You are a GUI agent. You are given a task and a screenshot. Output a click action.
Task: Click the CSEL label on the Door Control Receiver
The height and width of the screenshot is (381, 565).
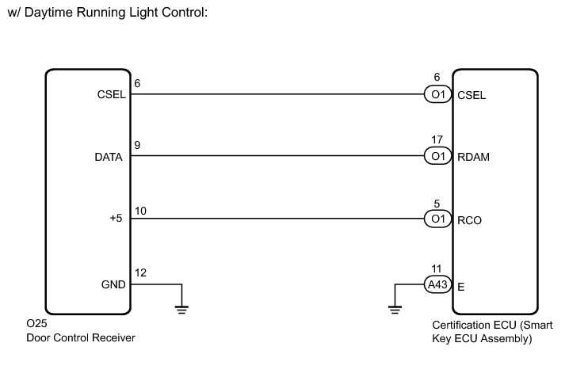(x=110, y=95)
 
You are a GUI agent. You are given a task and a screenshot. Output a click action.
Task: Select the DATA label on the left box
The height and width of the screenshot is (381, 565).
(x=109, y=158)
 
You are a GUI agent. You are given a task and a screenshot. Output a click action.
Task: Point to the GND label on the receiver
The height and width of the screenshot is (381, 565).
(x=112, y=284)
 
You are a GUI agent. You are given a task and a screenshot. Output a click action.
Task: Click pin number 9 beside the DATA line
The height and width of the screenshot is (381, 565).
(x=138, y=146)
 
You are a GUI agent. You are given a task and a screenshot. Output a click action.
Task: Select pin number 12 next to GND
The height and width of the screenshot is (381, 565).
(x=140, y=272)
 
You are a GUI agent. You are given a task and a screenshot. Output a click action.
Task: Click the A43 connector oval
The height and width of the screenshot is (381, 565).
(x=437, y=284)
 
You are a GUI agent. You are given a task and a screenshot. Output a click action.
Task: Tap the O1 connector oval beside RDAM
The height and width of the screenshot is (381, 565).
(x=437, y=157)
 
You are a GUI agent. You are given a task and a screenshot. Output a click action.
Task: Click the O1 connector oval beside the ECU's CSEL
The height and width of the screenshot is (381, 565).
(x=437, y=95)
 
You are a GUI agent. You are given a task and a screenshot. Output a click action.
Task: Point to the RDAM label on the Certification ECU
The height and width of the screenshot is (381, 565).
(x=474, y=158)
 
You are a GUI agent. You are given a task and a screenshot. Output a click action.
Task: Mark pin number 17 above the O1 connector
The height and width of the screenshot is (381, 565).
(x=437, y=139)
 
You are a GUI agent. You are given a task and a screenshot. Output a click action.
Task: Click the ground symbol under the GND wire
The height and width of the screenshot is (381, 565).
(x=182, y=308)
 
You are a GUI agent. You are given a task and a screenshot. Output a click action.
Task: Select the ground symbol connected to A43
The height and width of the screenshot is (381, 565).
(x=395, y=308)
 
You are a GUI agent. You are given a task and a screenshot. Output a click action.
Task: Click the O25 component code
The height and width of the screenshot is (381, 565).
(x=36, y=325)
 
